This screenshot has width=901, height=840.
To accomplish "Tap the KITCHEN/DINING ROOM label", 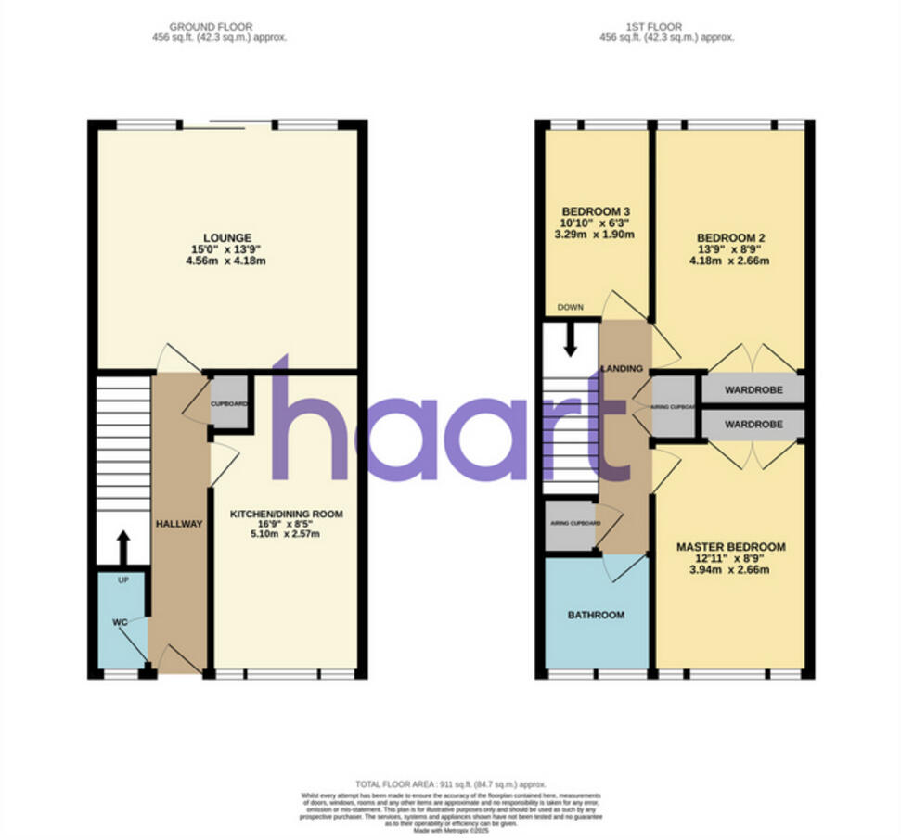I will (x=287, y=514).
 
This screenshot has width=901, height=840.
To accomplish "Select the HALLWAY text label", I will (x=179, y=524).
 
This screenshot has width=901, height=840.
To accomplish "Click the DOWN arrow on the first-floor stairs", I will (x=570, y=339).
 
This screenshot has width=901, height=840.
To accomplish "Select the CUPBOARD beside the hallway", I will (x=229, y=404).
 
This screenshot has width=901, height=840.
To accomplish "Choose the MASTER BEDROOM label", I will (x=730, y=547).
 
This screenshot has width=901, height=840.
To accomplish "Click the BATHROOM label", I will (x=596, y=615).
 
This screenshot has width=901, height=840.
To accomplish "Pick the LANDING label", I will (x=622, y=368).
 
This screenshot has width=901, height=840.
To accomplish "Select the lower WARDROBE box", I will (x=753, y=425).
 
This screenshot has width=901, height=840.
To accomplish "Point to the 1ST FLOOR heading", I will (x=667, y=27).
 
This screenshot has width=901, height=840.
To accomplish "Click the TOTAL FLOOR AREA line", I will (x=451, y=783).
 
